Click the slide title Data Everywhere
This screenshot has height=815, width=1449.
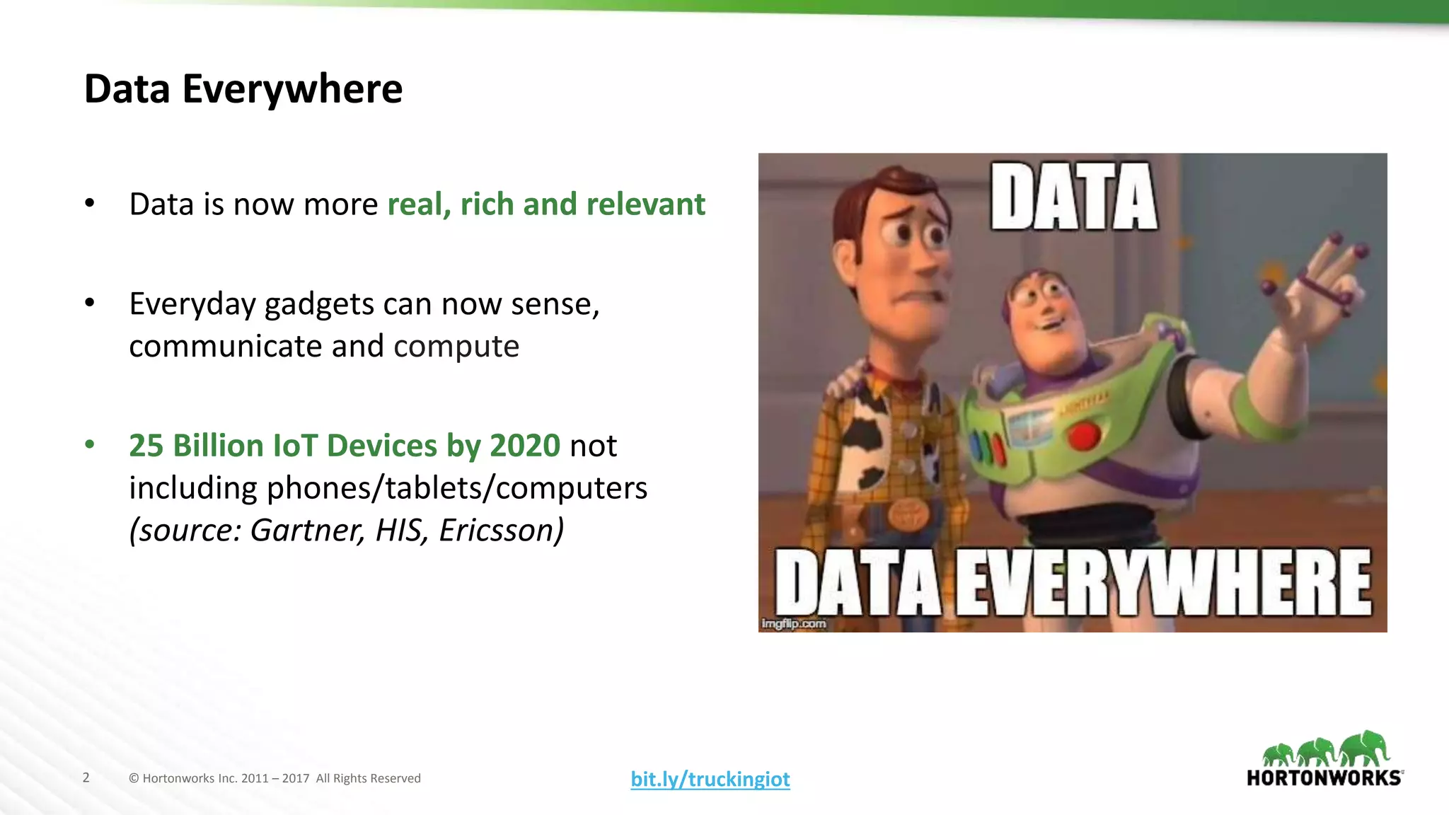pyautogui.click(x=243, y=89)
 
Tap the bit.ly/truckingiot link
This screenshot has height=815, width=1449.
pyautogui.click(x=710, y=779)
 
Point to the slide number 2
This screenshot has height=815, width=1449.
pyautogui.click(x=86, y=778)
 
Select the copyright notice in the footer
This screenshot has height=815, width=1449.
pyautogui.click(x=275, y=778)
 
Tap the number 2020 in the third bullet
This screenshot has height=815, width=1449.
pyautogui.click(x=525, y=446)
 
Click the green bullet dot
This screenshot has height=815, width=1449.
pyautogui.click(x=90, y=445)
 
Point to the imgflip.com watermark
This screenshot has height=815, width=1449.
pyautogui.click(x=794, y=623)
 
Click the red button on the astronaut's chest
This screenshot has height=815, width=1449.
pyautogui.click(x=1085, y=436)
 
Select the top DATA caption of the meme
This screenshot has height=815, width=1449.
pyautogui.click(x=1074, y=197)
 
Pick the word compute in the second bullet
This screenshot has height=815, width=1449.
pyautogui.click(x=456, y=347)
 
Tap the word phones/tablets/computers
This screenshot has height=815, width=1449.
pyautogui.click(x=457, y=488)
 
